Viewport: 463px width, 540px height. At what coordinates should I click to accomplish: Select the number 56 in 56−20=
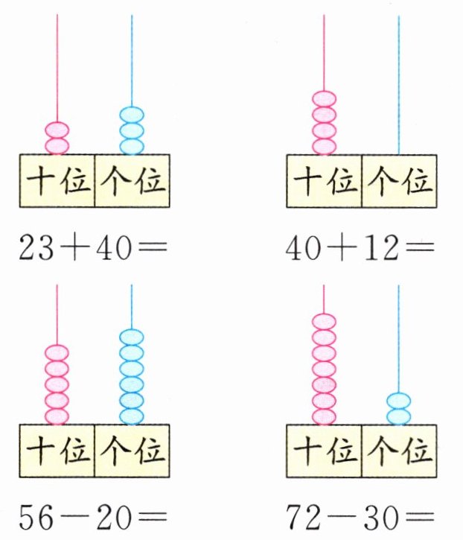36,515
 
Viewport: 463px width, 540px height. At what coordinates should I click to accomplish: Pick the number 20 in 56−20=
112,515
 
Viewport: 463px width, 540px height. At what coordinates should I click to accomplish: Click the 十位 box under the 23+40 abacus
57,181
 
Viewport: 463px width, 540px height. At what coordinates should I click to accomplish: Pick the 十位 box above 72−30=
324,451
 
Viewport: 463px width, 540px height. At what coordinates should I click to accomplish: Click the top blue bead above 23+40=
132,115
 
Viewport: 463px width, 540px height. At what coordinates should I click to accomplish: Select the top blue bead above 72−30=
399,401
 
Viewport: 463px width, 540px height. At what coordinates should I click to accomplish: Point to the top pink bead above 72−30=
325,322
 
